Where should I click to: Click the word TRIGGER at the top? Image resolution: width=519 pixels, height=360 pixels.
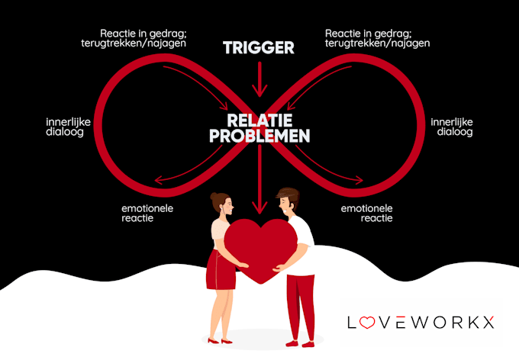(259, 48)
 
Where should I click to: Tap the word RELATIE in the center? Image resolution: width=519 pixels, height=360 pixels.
(259, 121)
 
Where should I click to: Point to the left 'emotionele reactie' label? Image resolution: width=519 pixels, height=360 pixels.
(148, 212)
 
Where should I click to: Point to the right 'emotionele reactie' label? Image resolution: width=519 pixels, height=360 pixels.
(366, 212)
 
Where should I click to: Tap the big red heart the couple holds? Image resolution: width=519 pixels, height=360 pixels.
(259, 248)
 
